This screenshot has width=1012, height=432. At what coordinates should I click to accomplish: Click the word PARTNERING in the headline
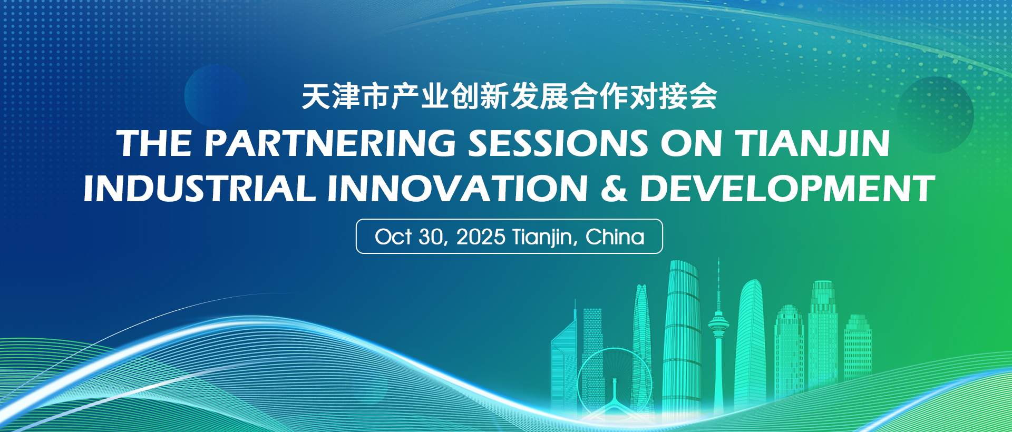click(330, 143)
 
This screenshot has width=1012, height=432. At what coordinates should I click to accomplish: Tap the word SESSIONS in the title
click(558, 143)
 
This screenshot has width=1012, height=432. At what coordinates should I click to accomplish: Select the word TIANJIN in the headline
click(813, 143)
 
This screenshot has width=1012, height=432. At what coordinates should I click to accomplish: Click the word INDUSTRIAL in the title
click(200, 189)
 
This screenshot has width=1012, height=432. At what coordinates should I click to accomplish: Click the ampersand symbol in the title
click(614, 189)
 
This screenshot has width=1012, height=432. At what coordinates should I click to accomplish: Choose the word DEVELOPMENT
click(787, 189)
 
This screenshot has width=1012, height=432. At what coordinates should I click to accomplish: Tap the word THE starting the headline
click(154, 143)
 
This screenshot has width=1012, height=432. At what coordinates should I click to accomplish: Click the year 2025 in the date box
click(481, 237)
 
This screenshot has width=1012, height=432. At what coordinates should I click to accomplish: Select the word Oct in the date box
click(393, 237)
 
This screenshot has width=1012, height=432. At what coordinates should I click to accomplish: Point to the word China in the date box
click(615, 237)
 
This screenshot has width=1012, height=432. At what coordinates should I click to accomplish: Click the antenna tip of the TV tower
click(718, 258)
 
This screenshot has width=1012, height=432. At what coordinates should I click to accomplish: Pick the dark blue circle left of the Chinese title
click(216, 95)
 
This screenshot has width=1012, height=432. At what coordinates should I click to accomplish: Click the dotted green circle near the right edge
click(935, 115)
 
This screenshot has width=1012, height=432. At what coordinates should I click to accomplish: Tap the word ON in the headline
click(692, 143)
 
